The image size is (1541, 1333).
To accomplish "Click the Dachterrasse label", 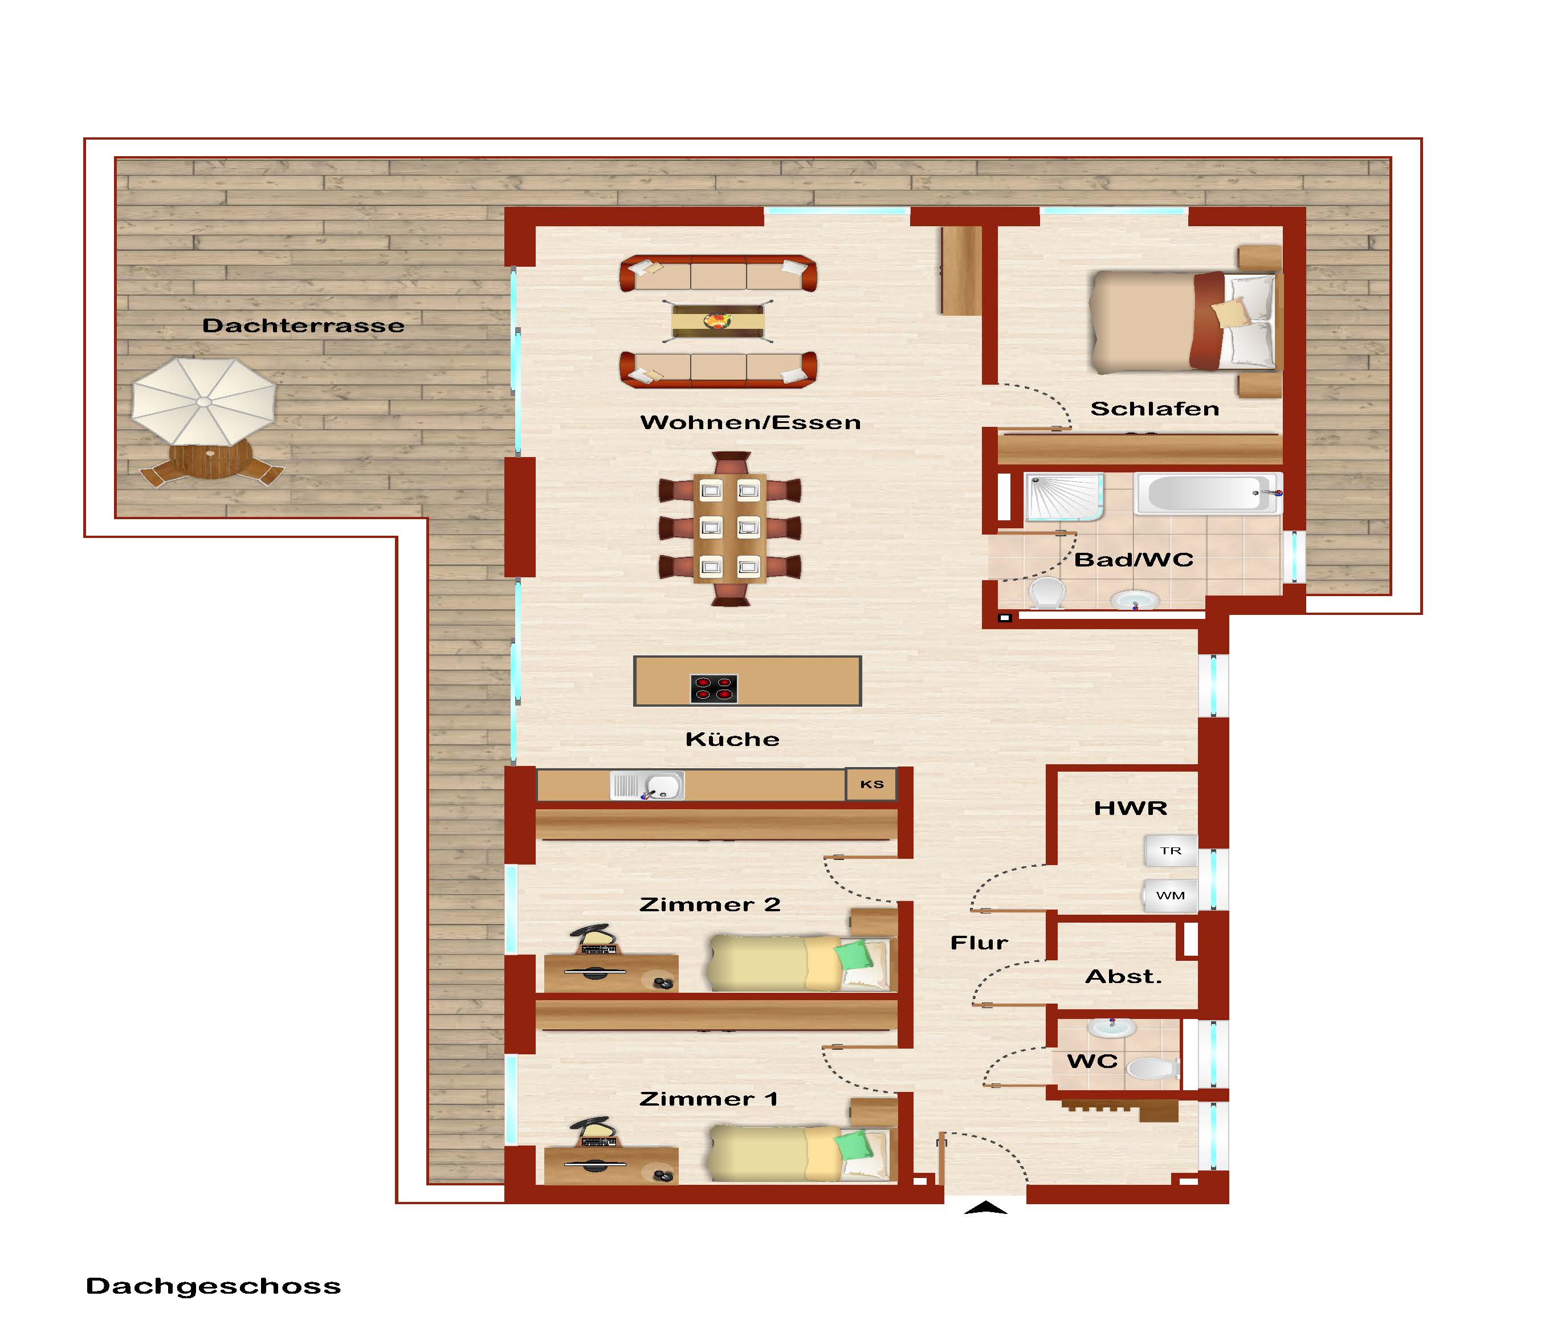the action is point(303,326).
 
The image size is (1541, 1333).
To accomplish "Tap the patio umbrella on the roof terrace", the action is point(204,402).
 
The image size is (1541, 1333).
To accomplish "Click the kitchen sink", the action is point(647,785).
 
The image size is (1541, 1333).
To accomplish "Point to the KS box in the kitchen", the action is point(871,784).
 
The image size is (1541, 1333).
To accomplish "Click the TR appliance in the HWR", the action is point(1171,851).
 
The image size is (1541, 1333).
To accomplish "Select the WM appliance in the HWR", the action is point(1170,896).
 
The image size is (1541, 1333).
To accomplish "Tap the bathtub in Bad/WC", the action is point(1208,493).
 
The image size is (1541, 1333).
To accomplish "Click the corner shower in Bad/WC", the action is point(1063,497).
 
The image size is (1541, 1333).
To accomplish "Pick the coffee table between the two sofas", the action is point(717,321).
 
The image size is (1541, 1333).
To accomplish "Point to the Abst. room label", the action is point(1124,977).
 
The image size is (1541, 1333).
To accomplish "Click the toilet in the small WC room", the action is point(1153,1070).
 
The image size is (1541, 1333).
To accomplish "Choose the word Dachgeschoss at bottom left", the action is point(214,1287).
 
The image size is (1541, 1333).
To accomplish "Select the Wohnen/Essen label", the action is point(751,422).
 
